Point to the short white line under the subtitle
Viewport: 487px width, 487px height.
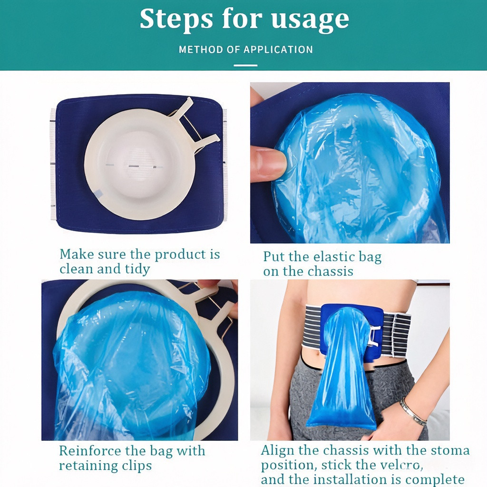coord(245,66)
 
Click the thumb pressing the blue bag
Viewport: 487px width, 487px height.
coord(268,164)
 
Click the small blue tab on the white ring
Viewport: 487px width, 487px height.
coord(98,194)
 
